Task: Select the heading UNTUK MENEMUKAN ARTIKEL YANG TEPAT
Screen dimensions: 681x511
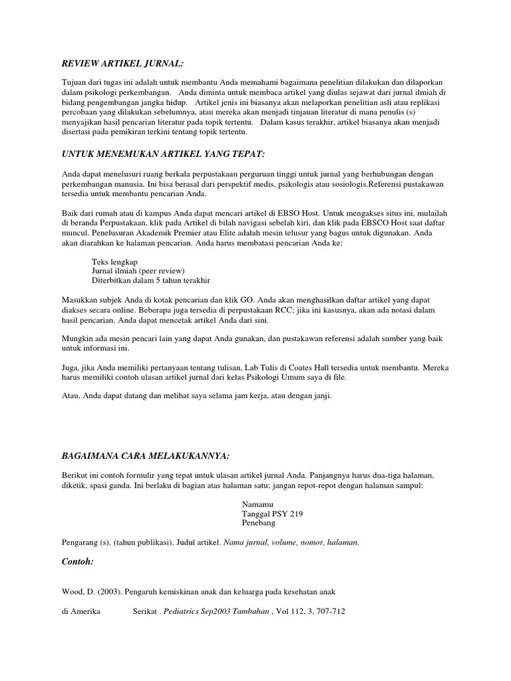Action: (x=162, y=154)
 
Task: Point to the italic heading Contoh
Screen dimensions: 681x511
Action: (x=77, y=562)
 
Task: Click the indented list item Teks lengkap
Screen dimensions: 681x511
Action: (x=114, y=262)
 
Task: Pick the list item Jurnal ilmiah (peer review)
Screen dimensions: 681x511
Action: (x=138, y=271)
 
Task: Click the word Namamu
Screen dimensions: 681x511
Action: (x=258, y=504)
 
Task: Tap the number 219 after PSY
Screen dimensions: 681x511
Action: (x=302, y=513)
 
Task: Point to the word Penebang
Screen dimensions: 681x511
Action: (x=258, y=523)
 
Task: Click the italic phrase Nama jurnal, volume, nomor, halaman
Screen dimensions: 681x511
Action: (x=291, y=542)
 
